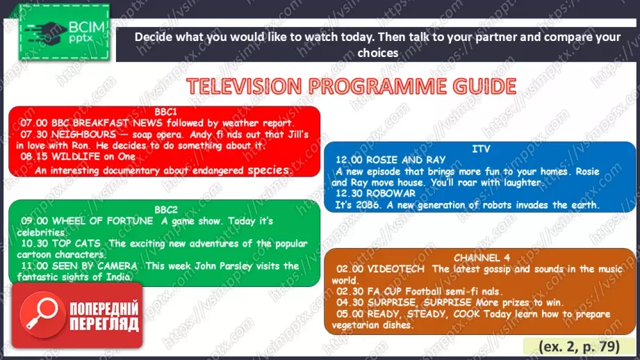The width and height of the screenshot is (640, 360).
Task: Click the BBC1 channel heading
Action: [x=165, y=112]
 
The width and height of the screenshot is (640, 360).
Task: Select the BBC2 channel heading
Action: [x=166, y=210]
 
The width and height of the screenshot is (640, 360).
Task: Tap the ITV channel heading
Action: [x=481, y=149]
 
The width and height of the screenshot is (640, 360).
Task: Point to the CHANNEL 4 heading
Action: [x=482, y=258]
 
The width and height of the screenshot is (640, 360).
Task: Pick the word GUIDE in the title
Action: [x=484, y=86]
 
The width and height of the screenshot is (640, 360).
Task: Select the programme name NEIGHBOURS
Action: [x=83, y=134]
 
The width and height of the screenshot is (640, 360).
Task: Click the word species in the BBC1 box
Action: [x=270, y=170]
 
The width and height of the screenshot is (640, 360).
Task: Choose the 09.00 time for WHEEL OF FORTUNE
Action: [x=35, y=221]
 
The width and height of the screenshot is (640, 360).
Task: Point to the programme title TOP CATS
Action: [x=76, y=243]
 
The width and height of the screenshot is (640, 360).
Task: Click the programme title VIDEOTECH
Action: [x=396, y=269]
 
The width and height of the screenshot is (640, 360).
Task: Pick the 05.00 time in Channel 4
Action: [x=350, y=314]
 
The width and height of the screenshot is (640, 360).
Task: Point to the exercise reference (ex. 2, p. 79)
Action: [x=579, y=347]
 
